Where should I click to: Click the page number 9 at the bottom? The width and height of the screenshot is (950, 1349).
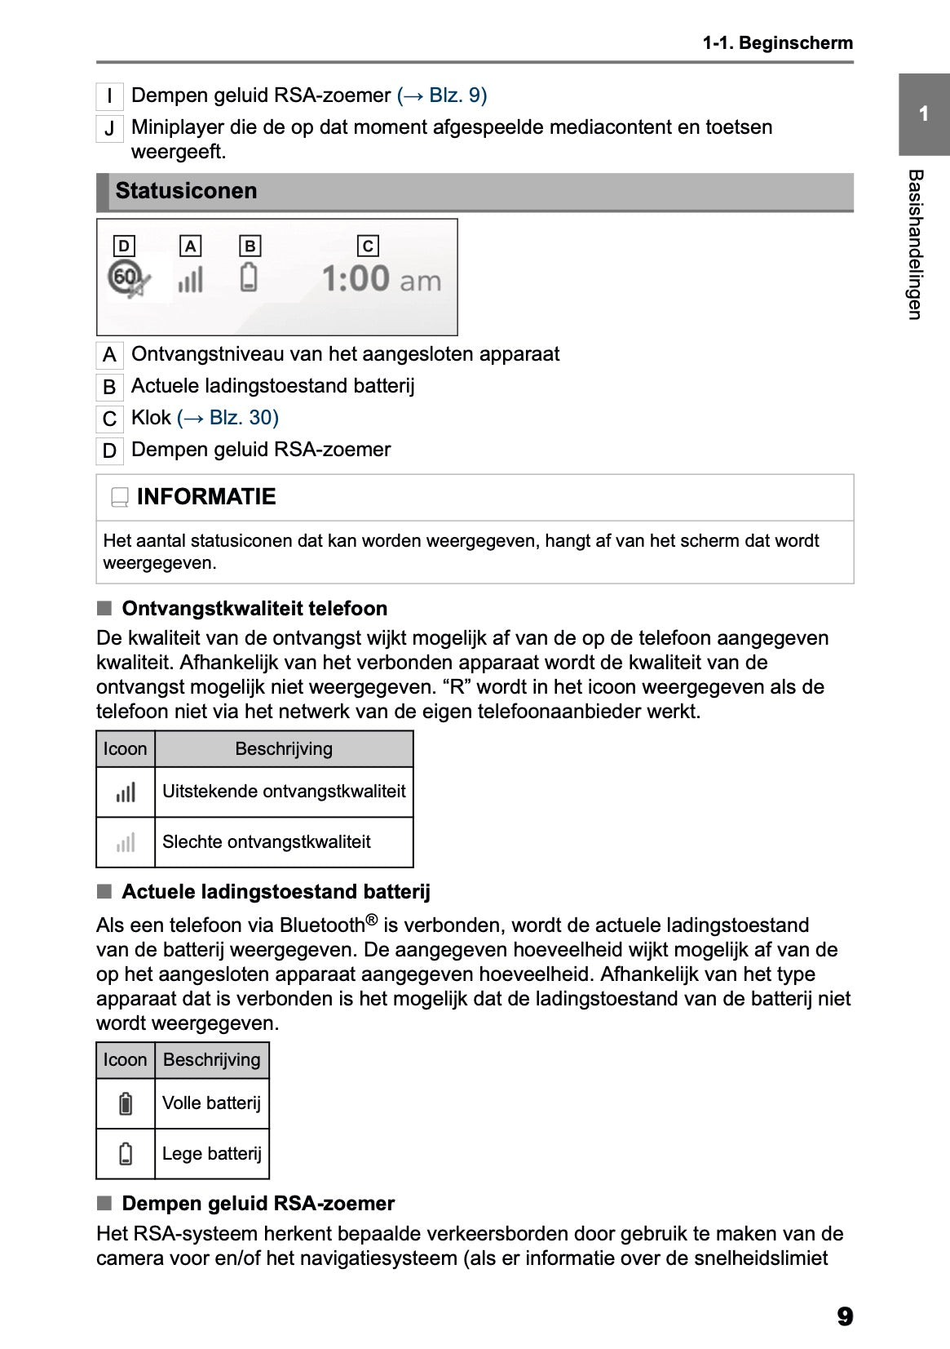click(844, 1316)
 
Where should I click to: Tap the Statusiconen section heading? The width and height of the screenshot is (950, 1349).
click(186, 191)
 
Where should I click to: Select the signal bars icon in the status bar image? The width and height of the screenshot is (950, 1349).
click(190, 280)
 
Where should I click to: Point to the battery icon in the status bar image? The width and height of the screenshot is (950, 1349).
click(250, 277)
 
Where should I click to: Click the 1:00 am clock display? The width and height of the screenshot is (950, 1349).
click(381, 279)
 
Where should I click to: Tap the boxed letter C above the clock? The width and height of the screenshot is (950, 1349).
click(368, 246)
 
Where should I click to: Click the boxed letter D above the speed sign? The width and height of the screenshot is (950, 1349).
click(123, 246)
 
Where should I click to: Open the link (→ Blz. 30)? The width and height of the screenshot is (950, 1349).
click(228, 418)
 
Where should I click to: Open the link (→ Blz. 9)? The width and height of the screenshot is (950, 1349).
click(442, 95)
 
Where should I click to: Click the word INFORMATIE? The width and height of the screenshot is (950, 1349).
click(206, 497)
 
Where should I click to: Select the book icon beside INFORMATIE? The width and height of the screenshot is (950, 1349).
click(120, 497)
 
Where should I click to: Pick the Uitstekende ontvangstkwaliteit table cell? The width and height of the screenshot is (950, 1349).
click(284, 792)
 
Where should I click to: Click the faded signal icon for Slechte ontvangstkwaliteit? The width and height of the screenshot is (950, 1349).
click(126, 842)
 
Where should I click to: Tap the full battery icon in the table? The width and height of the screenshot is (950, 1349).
click(126, 1103)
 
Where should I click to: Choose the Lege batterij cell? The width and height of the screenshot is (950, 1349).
click(212, 1154)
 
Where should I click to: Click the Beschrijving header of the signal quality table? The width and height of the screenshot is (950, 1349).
click(284, 748)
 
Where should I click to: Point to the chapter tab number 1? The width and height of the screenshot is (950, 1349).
click(923, 114)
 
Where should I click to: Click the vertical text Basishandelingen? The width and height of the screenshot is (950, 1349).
click(915, 245)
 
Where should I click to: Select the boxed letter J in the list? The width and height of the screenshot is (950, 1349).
click(109, 129)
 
